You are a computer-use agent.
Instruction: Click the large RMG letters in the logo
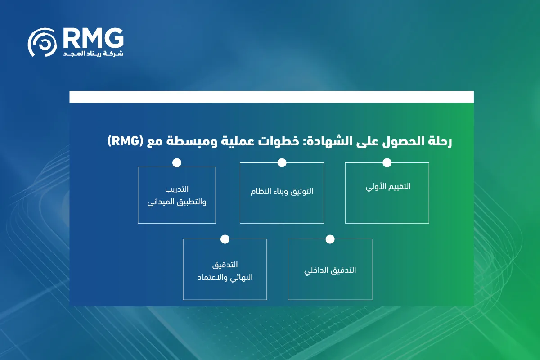93,38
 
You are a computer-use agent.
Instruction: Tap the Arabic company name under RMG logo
93,54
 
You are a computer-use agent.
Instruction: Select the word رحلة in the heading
439,142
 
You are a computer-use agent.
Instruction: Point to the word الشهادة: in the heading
318,142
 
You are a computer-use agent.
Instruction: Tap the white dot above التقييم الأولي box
387,162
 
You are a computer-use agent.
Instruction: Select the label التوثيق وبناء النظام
282,191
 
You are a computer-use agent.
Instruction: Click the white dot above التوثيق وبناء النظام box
282,162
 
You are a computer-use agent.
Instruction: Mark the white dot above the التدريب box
177,162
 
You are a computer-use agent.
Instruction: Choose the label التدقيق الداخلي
330,270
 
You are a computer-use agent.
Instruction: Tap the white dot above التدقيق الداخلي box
330,239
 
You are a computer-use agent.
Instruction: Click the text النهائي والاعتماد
225,277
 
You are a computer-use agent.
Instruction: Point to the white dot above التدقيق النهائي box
225,239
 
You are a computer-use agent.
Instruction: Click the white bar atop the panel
271,97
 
